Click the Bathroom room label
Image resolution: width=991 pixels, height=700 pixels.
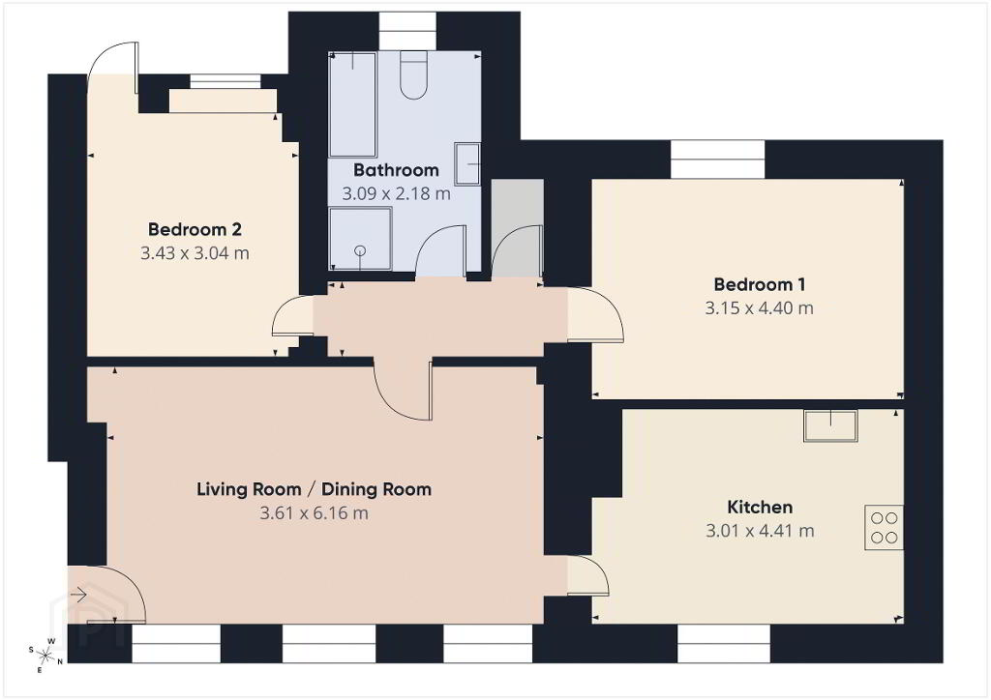[396, 170]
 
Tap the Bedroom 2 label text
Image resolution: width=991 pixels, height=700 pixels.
[195, 229]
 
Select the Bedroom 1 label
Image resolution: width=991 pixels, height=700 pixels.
[759, 284]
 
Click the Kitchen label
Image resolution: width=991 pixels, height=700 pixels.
[760, 507]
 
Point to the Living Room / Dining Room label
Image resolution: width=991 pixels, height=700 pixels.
[315, 489]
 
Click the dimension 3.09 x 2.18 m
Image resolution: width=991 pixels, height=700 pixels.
[396, 193]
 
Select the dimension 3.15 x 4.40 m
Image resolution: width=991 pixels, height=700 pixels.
[759, 308]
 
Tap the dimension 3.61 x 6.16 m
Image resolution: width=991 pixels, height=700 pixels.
[315, 513]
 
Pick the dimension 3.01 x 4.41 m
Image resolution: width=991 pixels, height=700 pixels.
[760, 531]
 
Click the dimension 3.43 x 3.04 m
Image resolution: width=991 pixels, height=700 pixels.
[195, 253]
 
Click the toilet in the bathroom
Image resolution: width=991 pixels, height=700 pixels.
[414, 75]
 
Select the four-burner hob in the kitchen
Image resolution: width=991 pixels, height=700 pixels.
[884, 528]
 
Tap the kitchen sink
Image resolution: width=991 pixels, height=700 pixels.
[830, 425]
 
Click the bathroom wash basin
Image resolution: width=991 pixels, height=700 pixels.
[467, 164]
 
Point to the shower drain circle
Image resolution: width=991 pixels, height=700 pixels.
[360, 250]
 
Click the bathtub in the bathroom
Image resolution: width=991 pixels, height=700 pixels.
[352, 104]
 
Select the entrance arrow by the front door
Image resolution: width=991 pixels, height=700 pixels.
[78, 595]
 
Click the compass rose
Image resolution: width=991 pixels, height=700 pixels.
[45, 655]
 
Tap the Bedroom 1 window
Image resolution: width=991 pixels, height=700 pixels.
[717, 160]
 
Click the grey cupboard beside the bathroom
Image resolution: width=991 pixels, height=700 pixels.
[518, 228]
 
